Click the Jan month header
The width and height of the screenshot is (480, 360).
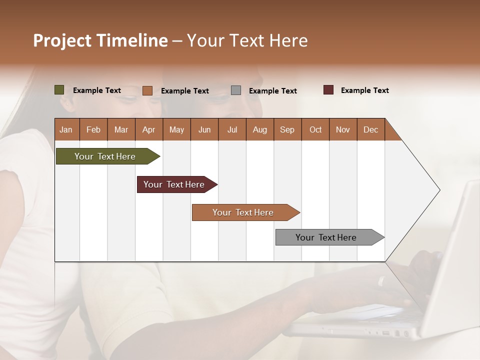point(66,129)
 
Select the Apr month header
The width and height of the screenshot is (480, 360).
point(148,129)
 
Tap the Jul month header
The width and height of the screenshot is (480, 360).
point(232,129)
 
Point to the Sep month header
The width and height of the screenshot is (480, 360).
point(287,129)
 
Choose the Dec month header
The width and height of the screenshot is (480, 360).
point(370,129)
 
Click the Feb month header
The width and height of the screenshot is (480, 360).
point(93,129)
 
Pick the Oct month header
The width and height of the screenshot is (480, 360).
point(315,129)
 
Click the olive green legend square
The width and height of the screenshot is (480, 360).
point(59,90)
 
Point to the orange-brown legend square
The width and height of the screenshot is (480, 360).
point(147,90)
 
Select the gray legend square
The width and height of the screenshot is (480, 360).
point(236,90)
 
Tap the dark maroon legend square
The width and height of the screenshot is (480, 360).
point(328,90)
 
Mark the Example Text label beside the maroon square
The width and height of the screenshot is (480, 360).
point(364,90)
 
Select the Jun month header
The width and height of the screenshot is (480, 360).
point(204,129)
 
